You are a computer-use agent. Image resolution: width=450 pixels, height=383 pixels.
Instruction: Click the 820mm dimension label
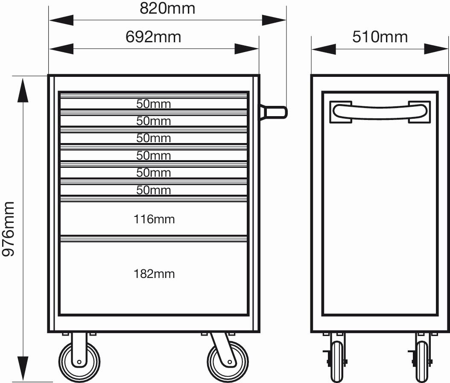(x=167, y=9)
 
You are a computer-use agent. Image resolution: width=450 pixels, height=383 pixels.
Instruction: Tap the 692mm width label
(x=153, y=37)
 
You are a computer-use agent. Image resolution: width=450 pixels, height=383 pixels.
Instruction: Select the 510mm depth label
(x=380, y=37)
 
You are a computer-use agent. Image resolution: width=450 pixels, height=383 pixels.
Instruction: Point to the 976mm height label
(x=8, y=229)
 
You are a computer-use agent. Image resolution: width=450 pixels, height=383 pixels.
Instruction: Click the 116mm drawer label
(x=154, y=219)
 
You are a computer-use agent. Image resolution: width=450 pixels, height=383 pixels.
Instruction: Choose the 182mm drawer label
(x=154, y=274)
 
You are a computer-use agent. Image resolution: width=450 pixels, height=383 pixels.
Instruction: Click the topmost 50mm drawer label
(x=154, y=104)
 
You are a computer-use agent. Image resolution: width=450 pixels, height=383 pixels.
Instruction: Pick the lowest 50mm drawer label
(x=154, y=190)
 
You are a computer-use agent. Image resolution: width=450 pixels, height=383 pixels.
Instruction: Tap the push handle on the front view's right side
(x=274, y=112)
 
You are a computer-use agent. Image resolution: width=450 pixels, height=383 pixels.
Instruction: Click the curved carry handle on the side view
(x=380, y=112)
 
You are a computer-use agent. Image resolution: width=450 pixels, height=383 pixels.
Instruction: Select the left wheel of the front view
(x=79, y=361)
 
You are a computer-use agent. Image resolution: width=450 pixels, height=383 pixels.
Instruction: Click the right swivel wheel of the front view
(x=228, y=361)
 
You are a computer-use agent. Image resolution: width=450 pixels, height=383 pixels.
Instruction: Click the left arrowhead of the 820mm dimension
(x=61, y=20)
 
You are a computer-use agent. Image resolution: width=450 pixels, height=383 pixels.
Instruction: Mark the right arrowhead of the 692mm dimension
(x=247, y=49)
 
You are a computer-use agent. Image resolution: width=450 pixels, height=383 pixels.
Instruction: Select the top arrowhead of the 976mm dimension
(x=23, y=90)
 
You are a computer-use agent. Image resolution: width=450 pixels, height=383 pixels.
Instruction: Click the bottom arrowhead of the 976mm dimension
(x=23, y=368)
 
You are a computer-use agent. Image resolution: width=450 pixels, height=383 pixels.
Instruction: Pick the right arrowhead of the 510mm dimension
(x=436, y=49)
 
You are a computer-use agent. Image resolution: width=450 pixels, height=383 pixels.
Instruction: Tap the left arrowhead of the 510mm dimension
(x=324, y=49)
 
